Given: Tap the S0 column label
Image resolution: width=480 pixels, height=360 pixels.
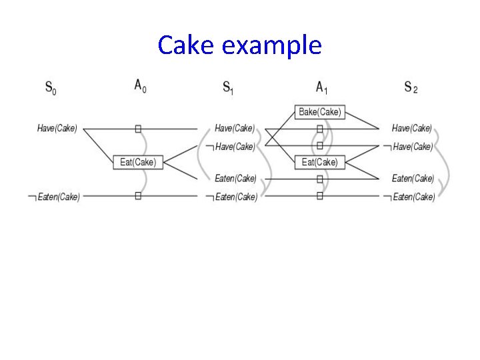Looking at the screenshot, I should (51, 87).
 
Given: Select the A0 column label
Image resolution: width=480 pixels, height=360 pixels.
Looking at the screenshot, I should (140, 86).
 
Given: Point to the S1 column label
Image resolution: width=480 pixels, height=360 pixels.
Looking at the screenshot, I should (228, 87).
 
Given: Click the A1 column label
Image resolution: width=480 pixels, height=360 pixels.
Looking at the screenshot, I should (321, 86).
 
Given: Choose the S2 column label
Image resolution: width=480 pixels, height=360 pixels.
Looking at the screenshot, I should (411, 87).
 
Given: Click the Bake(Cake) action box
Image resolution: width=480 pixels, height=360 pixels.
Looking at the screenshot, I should (319, 112).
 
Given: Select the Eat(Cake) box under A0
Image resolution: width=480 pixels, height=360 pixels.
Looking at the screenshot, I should (138, 162).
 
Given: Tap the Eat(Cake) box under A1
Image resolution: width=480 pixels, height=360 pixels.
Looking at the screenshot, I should (319, 162).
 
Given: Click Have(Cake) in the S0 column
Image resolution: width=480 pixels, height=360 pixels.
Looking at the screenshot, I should (57, 129).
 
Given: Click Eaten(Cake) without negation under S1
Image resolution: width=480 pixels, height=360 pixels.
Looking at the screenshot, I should (235, 179).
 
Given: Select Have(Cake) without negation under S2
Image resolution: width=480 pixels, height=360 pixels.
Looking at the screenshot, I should (411, 129).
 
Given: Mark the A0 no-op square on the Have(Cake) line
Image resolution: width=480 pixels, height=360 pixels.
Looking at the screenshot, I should (138, 129).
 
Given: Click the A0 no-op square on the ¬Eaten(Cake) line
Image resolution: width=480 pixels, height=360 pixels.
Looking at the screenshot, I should (138, 196).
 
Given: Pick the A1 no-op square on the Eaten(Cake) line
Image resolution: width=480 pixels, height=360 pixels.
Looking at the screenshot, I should (320, 179).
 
